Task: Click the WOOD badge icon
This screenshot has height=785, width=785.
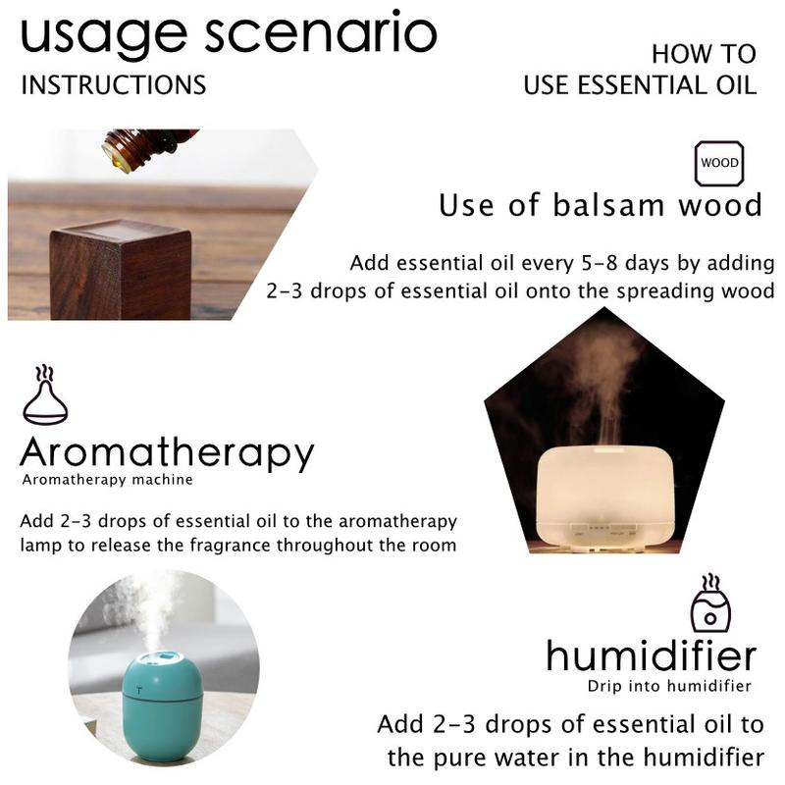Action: [719, 163]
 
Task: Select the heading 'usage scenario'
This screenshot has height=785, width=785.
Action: [229, 36]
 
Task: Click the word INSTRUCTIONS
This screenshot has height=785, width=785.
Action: [114, 85]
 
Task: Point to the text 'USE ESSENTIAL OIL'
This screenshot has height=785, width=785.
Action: [640, 85]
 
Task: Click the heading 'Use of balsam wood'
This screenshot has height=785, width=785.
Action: [601, 205]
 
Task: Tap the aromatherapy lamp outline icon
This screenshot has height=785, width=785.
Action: [45, 394]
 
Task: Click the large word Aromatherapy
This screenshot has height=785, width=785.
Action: [167, 453]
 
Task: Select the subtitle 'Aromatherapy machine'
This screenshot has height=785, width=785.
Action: [108, 480]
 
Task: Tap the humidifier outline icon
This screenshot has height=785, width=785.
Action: [710, 602]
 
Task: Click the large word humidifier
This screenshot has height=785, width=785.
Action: [651, 655]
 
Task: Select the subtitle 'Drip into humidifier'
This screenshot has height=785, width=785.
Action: [670, 686]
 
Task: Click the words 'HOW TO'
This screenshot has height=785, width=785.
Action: [704, 54]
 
